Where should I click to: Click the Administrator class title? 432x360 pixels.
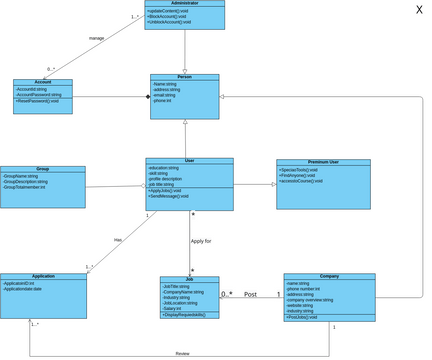(185, 4)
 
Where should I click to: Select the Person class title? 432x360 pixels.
(185, 77)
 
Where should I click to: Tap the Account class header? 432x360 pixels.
(42, 83)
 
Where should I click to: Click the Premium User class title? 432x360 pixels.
(323, 162)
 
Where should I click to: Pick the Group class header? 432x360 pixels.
(42, 169)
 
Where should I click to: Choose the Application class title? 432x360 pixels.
(43, 276)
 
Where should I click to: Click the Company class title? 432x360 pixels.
(329, 277)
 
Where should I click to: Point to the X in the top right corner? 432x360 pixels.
(419, 10)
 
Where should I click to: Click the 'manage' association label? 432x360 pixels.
(96, 38)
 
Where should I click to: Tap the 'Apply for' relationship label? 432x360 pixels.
(201, 241)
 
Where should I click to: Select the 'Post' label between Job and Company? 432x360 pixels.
(250, 295)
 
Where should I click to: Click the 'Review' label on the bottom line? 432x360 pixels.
(182, 354)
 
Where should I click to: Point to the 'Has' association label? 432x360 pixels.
(117, 240)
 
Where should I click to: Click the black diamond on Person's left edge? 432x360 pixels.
(147, 97)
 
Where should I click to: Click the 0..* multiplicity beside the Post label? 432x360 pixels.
(227, 295)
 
